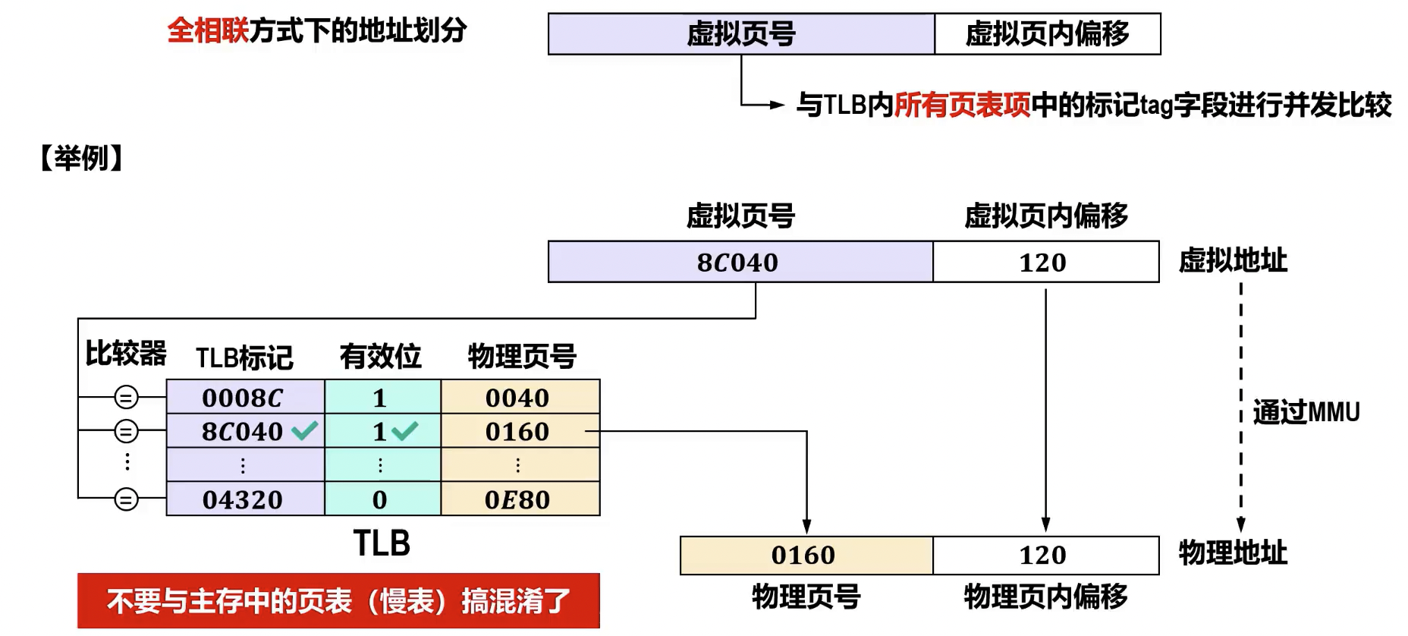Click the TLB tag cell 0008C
[x=243, y=397]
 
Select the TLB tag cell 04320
[x=243, y=499]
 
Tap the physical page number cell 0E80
[x=519, y=499]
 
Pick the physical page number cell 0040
[x=519, y=397]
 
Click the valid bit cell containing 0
[x=381, y=499]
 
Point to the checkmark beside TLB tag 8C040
[x=305, y=431]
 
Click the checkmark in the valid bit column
[x=405, y=431]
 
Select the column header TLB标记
[x=244, y=357]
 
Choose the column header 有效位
[x=380, y=356]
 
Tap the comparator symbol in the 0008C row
[x=126, y=397]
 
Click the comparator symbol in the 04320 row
[x=126, y=499]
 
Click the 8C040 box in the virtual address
[x=740, y=263]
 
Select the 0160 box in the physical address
[x=806, y=556]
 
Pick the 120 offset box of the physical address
[x=1045, y=556]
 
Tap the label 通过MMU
[x=1306, y=412]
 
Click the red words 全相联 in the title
[x=207, y=31]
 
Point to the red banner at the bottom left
[x=338, y=601]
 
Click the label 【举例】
[x=82, y=158]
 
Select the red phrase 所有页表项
[x=962, y=105]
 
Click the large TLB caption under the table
[x=382, y=543]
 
